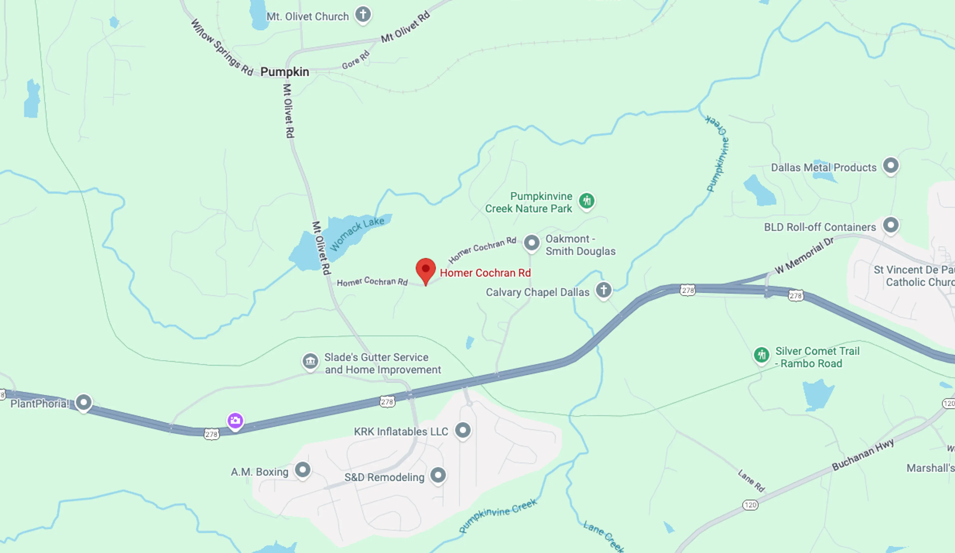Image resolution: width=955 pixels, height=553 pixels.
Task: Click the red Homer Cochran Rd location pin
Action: click(x=426, y=269)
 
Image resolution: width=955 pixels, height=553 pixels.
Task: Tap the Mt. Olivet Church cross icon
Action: click(x=363, y=14)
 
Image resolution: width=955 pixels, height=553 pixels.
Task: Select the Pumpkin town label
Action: click(x=285, y=72)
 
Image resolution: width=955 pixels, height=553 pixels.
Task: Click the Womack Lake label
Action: click(x=357, y=233)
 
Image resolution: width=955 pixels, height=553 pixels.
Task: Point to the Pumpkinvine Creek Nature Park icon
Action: click(x=587, y=200)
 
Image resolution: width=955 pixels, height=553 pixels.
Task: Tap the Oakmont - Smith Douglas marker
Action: click(x=531, y=243)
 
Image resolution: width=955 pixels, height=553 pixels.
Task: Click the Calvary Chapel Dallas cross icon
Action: click(x=603, y=290)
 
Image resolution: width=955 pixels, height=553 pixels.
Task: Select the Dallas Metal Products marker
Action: click(x=891, y=165)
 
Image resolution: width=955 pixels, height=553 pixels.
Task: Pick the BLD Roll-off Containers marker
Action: click(x=891, y=225)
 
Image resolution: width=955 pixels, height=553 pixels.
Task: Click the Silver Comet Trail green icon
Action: click(x=761, y=355)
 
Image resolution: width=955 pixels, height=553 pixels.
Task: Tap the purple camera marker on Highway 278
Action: click(x=235, y=420)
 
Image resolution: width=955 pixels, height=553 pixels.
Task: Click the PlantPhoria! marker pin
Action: click(x=83, y=402)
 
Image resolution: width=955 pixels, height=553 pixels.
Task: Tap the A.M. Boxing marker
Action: click(x=302, y=470)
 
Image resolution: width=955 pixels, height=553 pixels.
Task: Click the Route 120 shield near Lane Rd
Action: click(x=750, y=505)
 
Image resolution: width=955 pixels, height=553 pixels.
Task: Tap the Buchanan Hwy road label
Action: click(x=862, y=454)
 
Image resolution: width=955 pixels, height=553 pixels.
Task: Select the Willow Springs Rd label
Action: click(x=221, y=48)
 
